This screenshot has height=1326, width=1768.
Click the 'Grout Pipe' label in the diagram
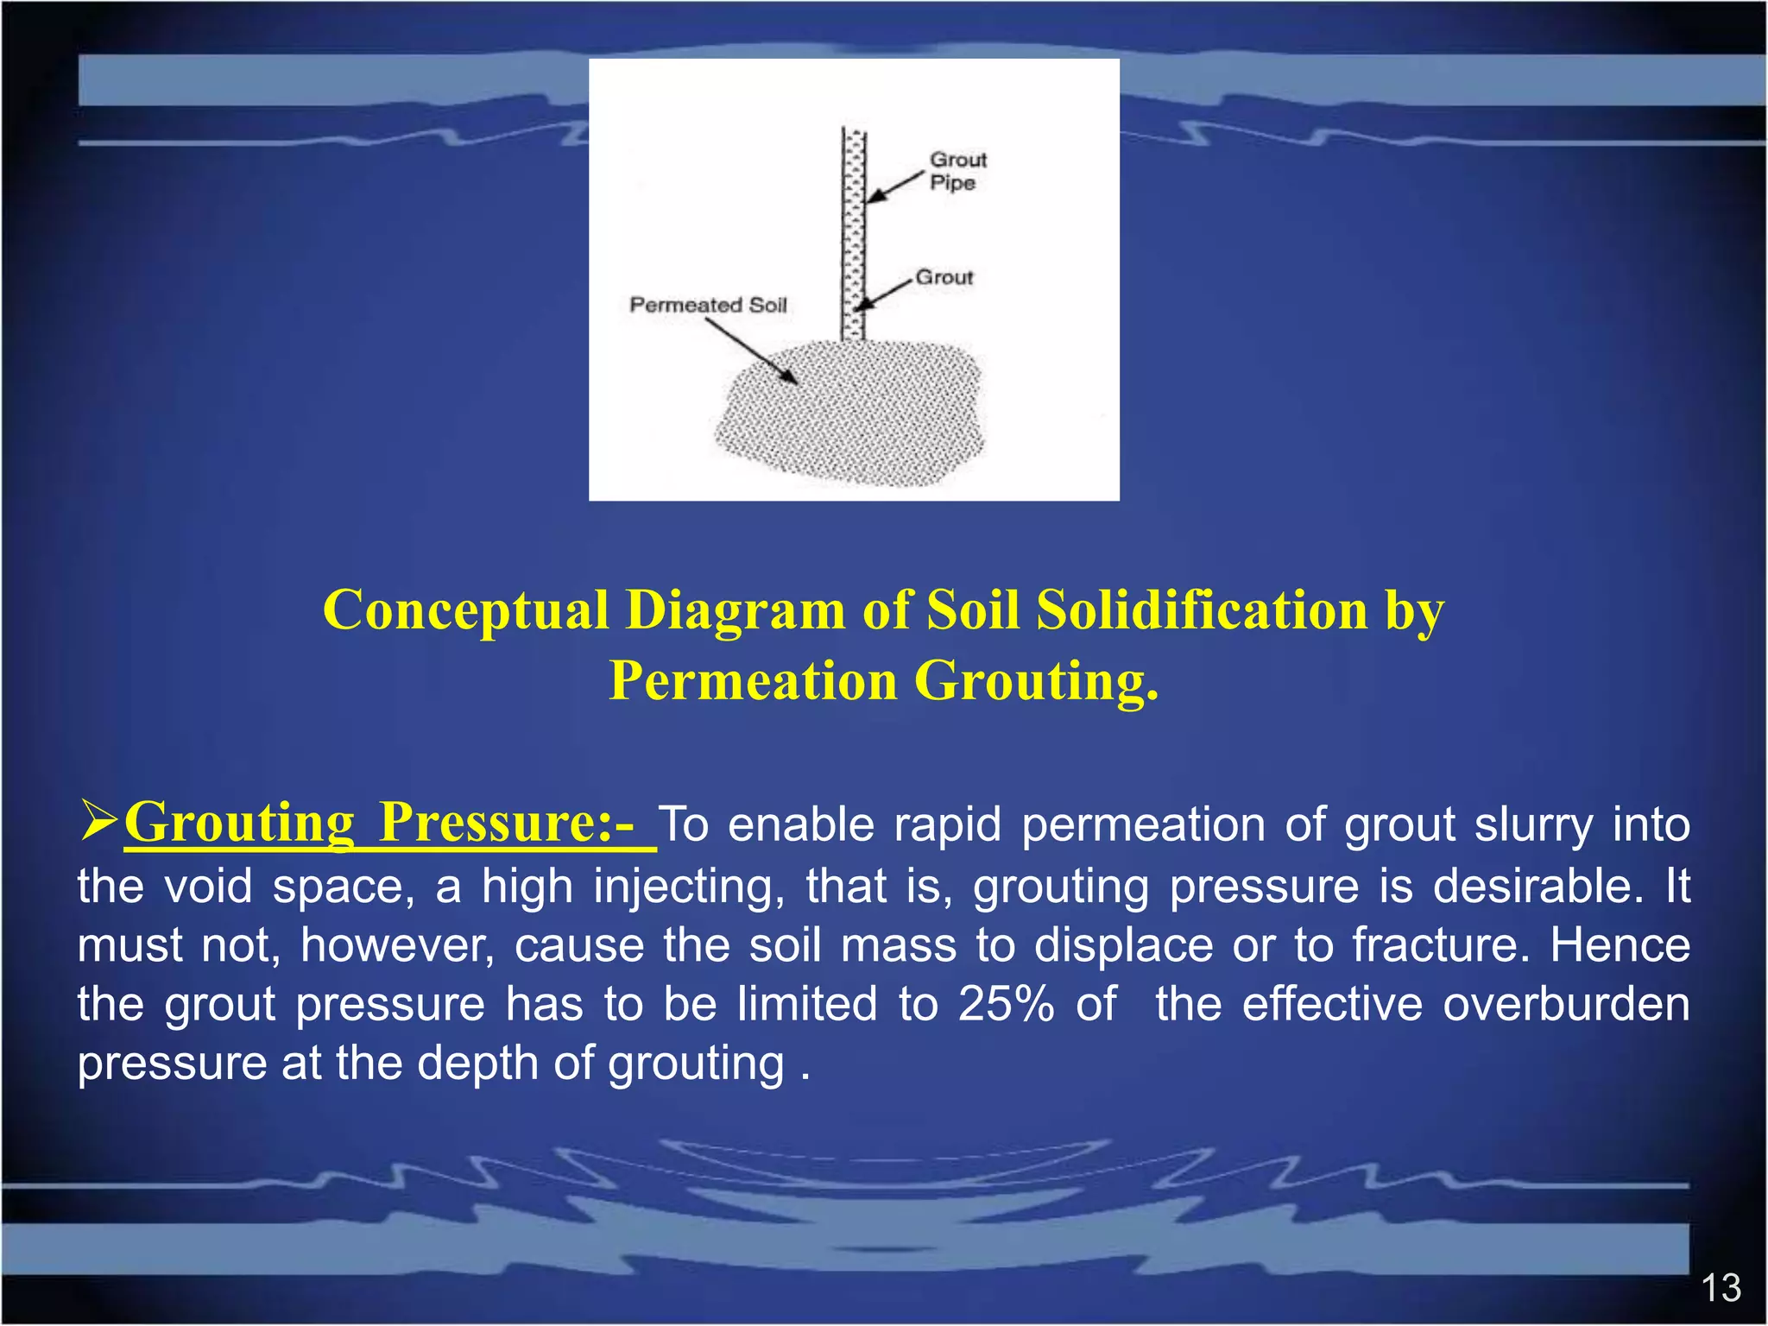click(x=957, y=171)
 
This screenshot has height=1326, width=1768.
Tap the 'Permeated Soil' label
click(x=708, y=305)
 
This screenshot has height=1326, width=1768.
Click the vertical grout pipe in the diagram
click(x=853, y=233)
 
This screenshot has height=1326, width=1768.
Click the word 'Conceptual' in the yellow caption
click(x=466, y=611)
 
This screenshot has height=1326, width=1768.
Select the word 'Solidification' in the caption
click(x=1202, y=611)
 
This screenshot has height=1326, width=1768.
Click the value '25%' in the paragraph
click(x=1006, y=1004)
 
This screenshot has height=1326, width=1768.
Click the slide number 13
click(x=1721, y=1288)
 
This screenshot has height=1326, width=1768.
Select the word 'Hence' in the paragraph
click(x=1620, y=944)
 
